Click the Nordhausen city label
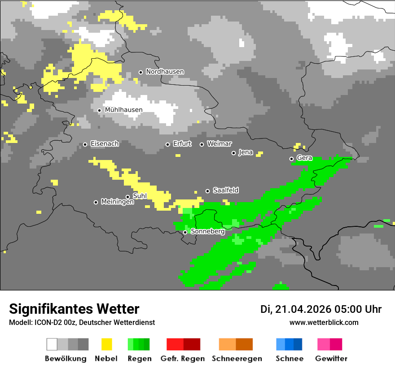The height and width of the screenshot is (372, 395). click(165, 72)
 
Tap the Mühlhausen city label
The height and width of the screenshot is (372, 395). click(123, 110)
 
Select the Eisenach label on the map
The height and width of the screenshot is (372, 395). click(105, 144)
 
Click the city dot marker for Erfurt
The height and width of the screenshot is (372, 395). click(167, 144)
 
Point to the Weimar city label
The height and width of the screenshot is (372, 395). click(219, 144)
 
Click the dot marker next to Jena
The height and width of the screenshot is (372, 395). click(233, 153)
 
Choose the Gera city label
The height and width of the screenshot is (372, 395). click(304, 158)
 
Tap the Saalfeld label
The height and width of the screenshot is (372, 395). click(226, 190)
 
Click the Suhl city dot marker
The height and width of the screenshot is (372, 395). click(127, 197)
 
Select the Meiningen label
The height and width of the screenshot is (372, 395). click(117, 202)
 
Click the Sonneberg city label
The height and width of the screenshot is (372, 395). click(207, 232)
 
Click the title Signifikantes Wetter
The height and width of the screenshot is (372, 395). click(74, 309)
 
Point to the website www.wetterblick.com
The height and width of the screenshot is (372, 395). click(324, 323)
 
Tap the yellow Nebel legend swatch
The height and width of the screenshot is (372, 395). click(106, 344)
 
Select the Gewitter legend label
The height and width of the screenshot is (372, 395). click(331, 359)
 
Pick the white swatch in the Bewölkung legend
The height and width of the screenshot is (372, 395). click(52, 344)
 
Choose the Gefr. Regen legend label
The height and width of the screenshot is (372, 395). click(183, 359)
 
